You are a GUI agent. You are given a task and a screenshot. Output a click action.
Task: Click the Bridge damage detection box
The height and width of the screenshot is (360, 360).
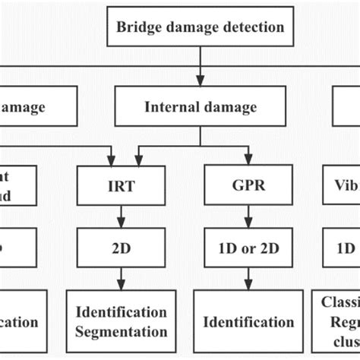click(200, 27)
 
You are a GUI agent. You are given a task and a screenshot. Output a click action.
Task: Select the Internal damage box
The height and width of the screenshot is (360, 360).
click(200, 107)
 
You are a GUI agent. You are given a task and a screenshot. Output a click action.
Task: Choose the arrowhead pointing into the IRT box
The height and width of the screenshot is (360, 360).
click(116, 161)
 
